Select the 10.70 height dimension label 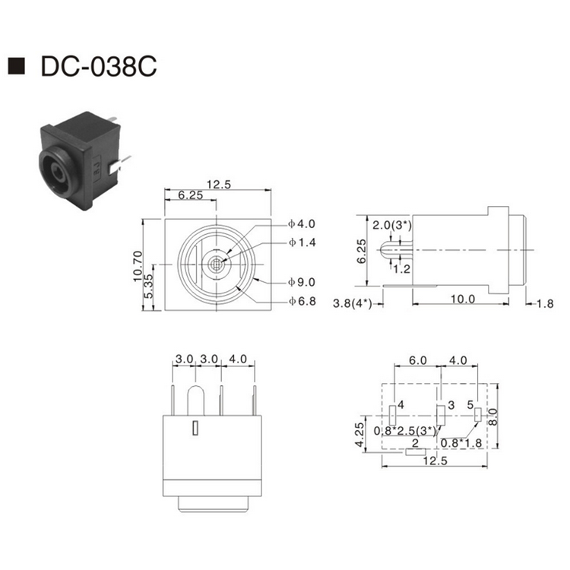pos(138,267)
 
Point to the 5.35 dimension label pos(150,287)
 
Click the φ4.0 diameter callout pos(301,224)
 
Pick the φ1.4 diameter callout pos(301,242)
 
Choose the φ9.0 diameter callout pos(301,282)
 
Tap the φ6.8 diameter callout pos(301,302)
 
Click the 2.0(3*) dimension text pos(392,225)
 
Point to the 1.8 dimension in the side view pos(546,304)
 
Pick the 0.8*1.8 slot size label pos(461,442)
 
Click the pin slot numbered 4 pos(392,415)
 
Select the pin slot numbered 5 pos(478,415)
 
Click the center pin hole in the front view pos(219,264)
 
